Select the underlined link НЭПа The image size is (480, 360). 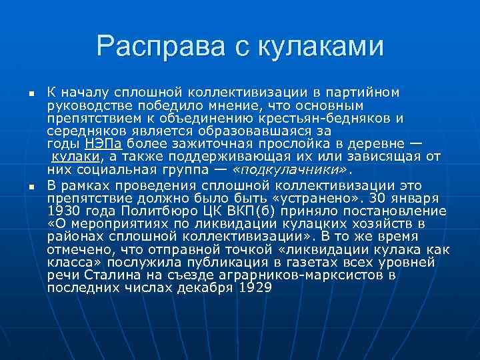[x=103, y=144]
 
